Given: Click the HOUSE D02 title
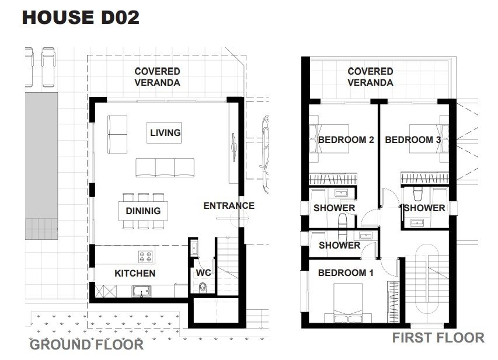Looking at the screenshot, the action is point(81,17).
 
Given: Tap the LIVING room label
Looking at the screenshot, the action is point(165,132).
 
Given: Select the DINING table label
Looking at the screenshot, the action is point(143,211).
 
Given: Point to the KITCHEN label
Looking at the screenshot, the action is point(135,273).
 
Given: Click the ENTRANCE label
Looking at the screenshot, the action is point(229,206).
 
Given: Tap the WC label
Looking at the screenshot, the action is point(203,272).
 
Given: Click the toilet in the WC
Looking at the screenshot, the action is point(203,288).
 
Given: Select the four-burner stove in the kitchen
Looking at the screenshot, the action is point(145,257).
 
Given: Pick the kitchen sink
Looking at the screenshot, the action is point(141,291).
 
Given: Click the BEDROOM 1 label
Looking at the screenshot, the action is point(346,272).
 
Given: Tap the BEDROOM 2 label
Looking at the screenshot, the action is point(346,139).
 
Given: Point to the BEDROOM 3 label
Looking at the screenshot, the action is point(413,139).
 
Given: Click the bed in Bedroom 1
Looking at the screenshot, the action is point(348,303).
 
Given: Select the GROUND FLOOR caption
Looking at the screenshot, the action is point(86,345).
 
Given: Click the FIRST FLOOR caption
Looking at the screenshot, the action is point(438,338).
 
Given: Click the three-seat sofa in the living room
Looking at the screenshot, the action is point(165,167).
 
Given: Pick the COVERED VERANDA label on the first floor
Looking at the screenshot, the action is point(370,77).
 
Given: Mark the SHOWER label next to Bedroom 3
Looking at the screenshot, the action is point(424,208).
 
